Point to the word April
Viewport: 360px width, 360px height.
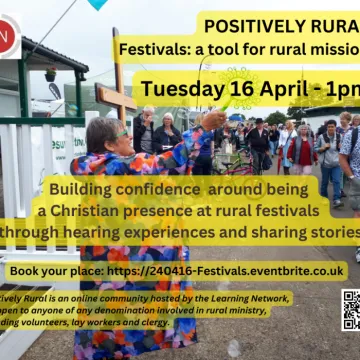[292, 88]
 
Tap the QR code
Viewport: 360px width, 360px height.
[350, 309]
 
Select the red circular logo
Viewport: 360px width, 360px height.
[5, 38]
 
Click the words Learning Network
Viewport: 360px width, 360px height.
[236, 297]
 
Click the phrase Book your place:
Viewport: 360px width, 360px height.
[54, 271]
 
